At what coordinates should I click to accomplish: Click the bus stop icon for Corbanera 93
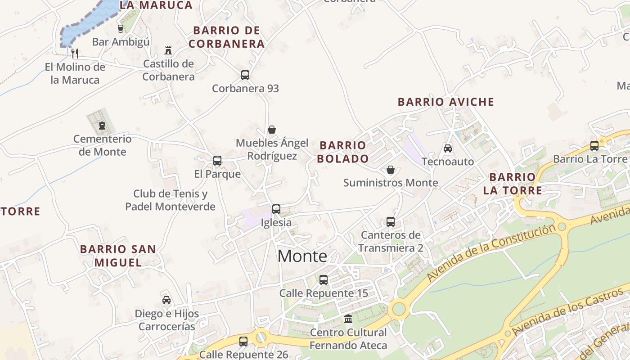(x=245, y=75)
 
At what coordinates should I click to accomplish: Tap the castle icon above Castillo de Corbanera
(x=168, y=50)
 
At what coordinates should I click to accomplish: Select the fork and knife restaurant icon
(x=75, y=54)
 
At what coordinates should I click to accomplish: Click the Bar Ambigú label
(x=121, y=42)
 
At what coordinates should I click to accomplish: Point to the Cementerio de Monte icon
(x=102, y=126)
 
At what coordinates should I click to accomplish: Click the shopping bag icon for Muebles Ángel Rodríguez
(x=272, y=130)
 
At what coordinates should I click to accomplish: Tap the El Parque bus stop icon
(x=217, y=161)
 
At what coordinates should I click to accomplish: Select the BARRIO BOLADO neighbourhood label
(x=343, y=152)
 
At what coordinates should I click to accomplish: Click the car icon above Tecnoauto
(x=448, y=148)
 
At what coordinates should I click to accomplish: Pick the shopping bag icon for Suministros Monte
(x=391, y=170)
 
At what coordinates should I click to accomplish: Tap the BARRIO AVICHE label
(x=446, y=102)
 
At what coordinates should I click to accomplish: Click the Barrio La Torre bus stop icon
(x=594, y=145)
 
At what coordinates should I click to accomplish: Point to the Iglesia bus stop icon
(x=276, y=209)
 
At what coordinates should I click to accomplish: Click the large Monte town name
(x=302, y=256)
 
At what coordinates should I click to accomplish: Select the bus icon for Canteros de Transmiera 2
(x=391, y=222)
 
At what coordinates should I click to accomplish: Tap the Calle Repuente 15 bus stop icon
(x=324, y=280)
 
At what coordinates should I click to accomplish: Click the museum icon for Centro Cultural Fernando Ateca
(x=348, y=319)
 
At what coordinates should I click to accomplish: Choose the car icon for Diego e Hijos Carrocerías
(x=166, y=300)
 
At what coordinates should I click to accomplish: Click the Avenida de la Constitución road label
(x=491, y=252)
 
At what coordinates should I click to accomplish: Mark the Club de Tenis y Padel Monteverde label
(x=170, y=200)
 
